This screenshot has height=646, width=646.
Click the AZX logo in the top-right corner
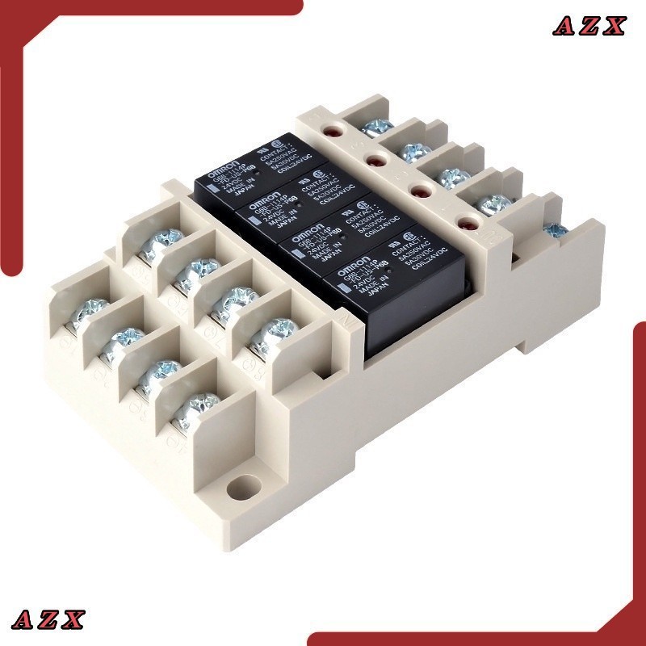[589, 26]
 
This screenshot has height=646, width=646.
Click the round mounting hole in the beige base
[239, 489]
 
